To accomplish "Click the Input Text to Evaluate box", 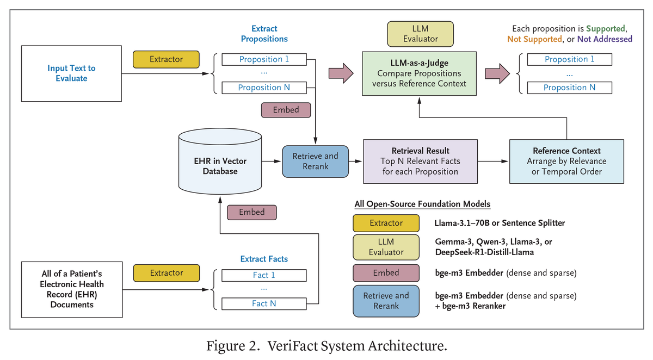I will click(71, 73).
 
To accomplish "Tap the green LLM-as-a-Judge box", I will click(419, 73).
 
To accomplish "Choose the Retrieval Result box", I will click(420, 161).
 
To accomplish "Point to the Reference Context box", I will click(566, 161).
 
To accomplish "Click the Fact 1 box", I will click(264, 275).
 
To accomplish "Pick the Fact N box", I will click(264, 303).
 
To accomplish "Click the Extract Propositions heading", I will click(264, 34).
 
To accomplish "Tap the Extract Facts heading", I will click(264, 259).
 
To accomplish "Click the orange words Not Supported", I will click(534, 39).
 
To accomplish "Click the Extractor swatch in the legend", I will click(386, 223).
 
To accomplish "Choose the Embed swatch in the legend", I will click(386, 273).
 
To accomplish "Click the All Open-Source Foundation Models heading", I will click(422, 204).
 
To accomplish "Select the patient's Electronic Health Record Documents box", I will click(71, 289).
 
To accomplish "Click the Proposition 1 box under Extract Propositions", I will click(264, 59).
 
